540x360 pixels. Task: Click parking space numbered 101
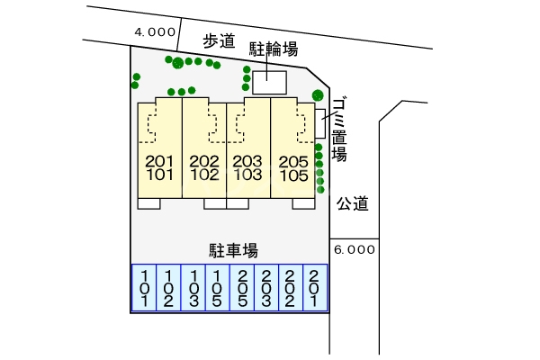pyautogui.click(x=145, y=288)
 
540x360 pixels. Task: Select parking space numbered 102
pyautogui.click(x=169, y=288)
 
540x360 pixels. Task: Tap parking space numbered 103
pyautogui.click(x=193, y=288)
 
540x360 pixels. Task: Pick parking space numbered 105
pyautogui.click(x=217, y=288)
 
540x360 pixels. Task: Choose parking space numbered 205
pyautogui.click(x=241, y=288)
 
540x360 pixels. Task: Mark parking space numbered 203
pyautogui.click(x=265, y=288)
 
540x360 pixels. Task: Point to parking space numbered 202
pyautogui.click(x=290, y=288)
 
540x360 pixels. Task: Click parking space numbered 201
pyautogui.click(x=313, y=288)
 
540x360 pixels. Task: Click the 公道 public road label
pyautogui.click(x=353, y=204)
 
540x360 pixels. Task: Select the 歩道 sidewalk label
pyautogui.click(x=218, y=40)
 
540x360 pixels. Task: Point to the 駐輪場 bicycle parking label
pyautogui.click(x=274, y=49)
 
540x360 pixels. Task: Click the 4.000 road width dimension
pyautogui.click(x=154, y=31)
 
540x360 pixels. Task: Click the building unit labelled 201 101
pyautogui.click(x=159, y=168)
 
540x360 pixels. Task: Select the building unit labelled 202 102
pyautogui.click(x=204, y=168)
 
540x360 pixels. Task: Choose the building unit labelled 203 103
pyautogui.click(x=248, y=168)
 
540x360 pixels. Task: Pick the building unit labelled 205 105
pyautogui.click(x=293, y=168)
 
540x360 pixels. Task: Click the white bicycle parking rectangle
pyautogui.click(x=269, y=82)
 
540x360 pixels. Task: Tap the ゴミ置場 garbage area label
pyautogui.click(x=338, y=129)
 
